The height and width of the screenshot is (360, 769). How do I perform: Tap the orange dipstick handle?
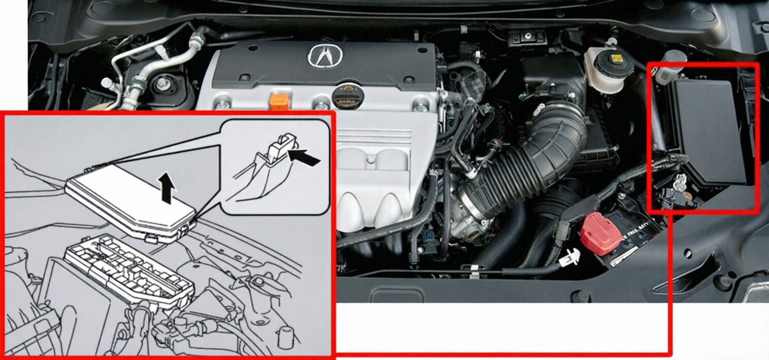coord(280,101)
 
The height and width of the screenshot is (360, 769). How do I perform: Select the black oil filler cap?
coord(348,97)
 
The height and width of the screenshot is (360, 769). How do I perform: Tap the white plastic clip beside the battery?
coord(573,256)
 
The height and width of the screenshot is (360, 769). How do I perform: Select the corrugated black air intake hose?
coord(532,164)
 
